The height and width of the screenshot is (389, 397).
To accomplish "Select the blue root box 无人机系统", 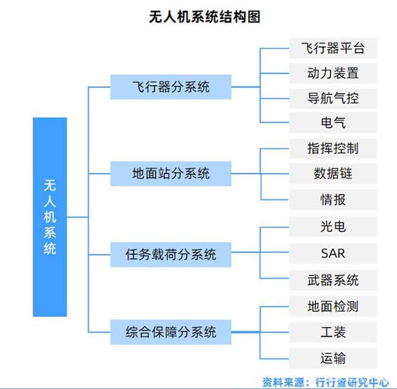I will [x=50, y=217].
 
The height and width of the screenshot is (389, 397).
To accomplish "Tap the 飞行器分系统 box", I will [x=171, y=86].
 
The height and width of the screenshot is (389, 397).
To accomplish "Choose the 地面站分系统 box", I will [x=171, y=174].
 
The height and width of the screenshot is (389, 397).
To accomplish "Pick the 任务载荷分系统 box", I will [x=171, y=253].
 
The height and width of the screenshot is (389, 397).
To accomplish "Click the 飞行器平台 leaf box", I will [x=333, y=48].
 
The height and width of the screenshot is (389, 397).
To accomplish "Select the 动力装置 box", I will [x=333, y=72].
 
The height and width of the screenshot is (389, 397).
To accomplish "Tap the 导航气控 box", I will [x=333, y=98].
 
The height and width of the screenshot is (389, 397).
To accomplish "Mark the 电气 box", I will [x=333, y=122].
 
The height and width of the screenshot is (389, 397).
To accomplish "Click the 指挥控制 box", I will [x=333, y=148].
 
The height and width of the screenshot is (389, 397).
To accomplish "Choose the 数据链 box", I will [x=333, y=174].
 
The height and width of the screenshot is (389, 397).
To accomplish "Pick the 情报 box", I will [x=333, y=199].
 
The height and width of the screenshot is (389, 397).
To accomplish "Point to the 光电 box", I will [x=333, y=227].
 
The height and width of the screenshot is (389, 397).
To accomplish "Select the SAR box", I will [x=333, y=253].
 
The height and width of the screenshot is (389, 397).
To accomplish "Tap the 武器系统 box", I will [x=333, y=279].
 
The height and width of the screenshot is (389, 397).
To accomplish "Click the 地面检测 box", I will [x=333, y=306].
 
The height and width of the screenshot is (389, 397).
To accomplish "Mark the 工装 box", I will [x=333, y=332].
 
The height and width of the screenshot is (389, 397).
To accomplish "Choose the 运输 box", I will [x=333, y=359].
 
